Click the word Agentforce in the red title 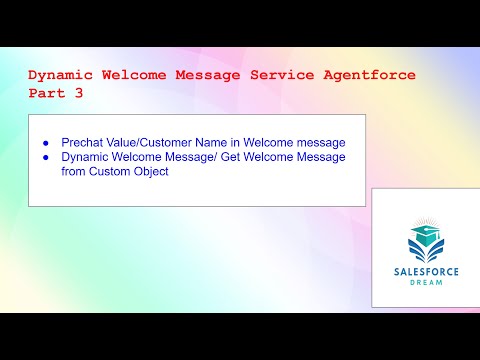pyautogui.click(x=375, y=75)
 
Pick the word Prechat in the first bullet pyautogui.click(x=84, y=141)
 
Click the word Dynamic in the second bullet pyautogui.click(x=86, y=157)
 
